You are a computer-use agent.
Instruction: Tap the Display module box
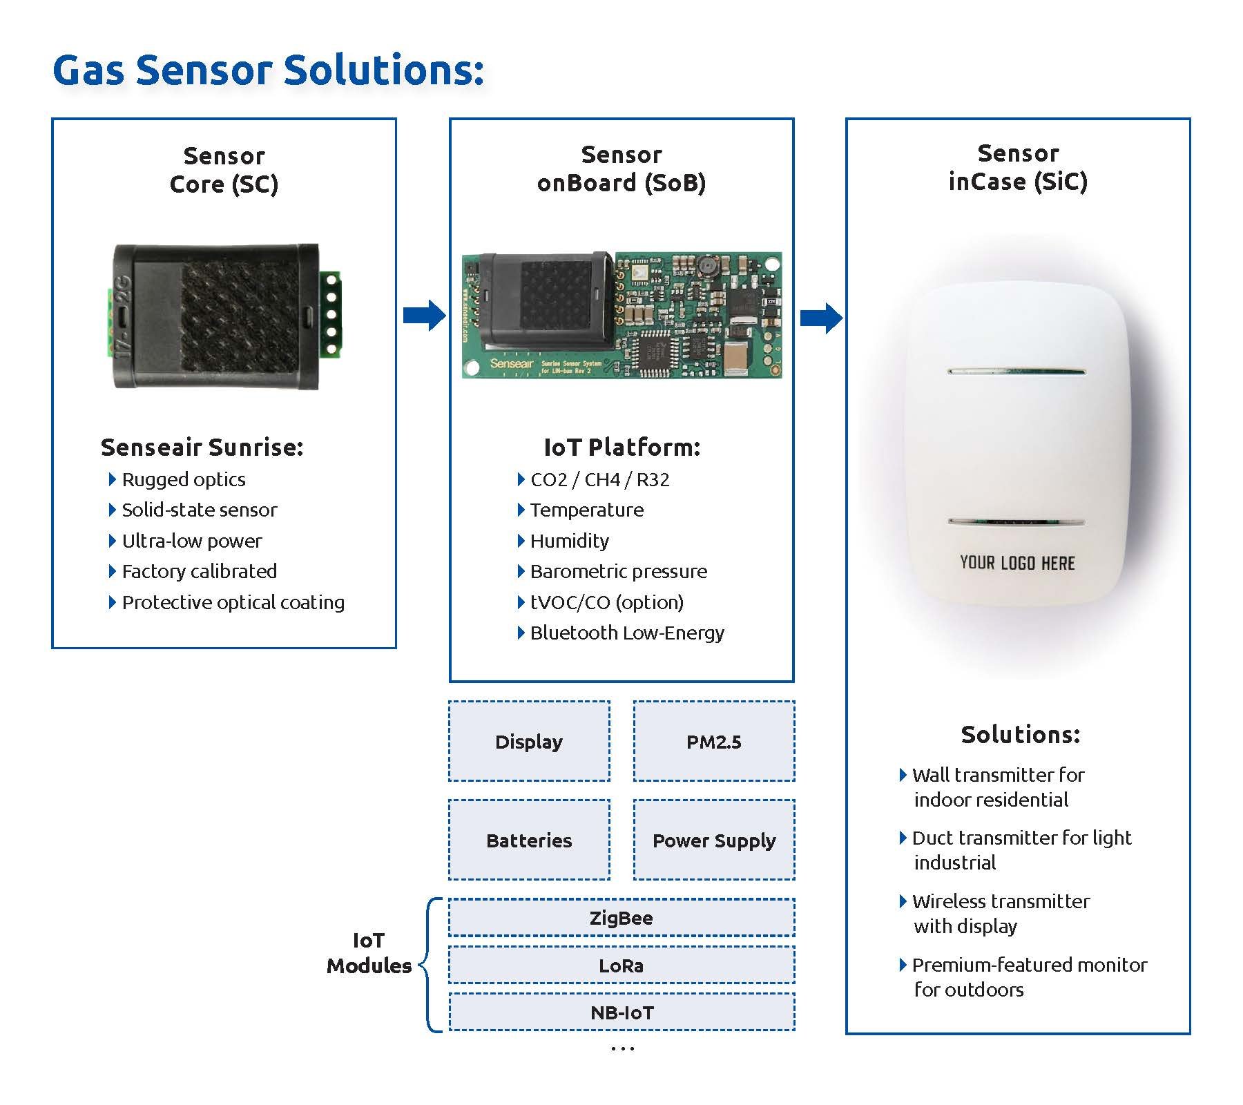click(529, 742)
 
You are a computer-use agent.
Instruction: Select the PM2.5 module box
click(714, 742)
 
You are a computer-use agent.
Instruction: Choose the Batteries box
click(529, 840)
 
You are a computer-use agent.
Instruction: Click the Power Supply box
click(714, 840)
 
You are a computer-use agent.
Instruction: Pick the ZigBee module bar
click(621, 918)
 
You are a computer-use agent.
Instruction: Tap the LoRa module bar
click(621, 965)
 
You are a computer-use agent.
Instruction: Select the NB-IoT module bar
click(621, 1012)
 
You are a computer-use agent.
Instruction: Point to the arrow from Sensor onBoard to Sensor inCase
click(821, 318)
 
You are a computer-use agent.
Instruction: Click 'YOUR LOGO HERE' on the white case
click(1017, 563)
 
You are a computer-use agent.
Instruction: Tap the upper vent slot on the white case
click(1016, 372)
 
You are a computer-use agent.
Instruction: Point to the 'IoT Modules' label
click(369, 953)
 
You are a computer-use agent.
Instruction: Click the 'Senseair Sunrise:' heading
click(202, 448)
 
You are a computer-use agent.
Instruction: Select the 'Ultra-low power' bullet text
click(192, 541)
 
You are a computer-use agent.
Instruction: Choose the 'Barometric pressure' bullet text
click(618, 571)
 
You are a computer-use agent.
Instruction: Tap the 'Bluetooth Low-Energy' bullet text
click(627, 633)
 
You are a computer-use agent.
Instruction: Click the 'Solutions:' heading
click(1020, 734)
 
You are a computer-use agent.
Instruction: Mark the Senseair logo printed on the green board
click(512, 363)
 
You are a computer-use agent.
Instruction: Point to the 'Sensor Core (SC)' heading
click(224, 170)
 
